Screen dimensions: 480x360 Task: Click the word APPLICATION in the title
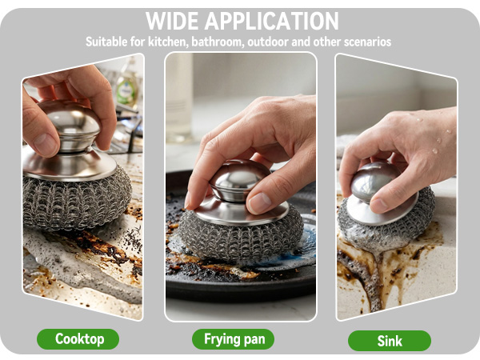click(272, 21)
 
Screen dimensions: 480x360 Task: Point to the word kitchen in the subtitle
click(168, 42)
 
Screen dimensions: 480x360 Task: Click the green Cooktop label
click(78, 339)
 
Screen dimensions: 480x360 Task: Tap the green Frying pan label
click(234, 339)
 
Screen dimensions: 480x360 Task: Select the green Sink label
click(390, 341)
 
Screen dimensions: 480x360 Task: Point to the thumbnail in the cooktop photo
click(45, 145)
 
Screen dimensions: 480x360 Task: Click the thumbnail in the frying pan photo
click(258, 202)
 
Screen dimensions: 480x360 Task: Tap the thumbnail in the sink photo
click(379, 205)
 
